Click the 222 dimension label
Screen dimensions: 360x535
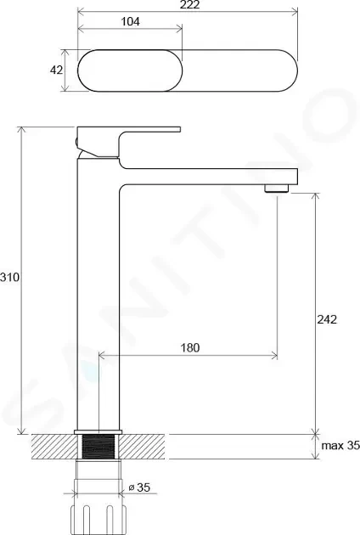190,4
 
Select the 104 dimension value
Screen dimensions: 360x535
131,21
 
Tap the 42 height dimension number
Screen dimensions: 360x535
56,70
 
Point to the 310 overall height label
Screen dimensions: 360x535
10,278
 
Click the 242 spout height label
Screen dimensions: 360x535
327,319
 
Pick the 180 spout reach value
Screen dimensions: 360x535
189,347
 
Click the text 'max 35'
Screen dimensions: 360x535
340,445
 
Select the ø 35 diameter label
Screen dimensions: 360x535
139,487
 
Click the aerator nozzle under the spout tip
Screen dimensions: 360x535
277,189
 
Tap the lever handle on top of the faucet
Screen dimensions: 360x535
129,141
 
